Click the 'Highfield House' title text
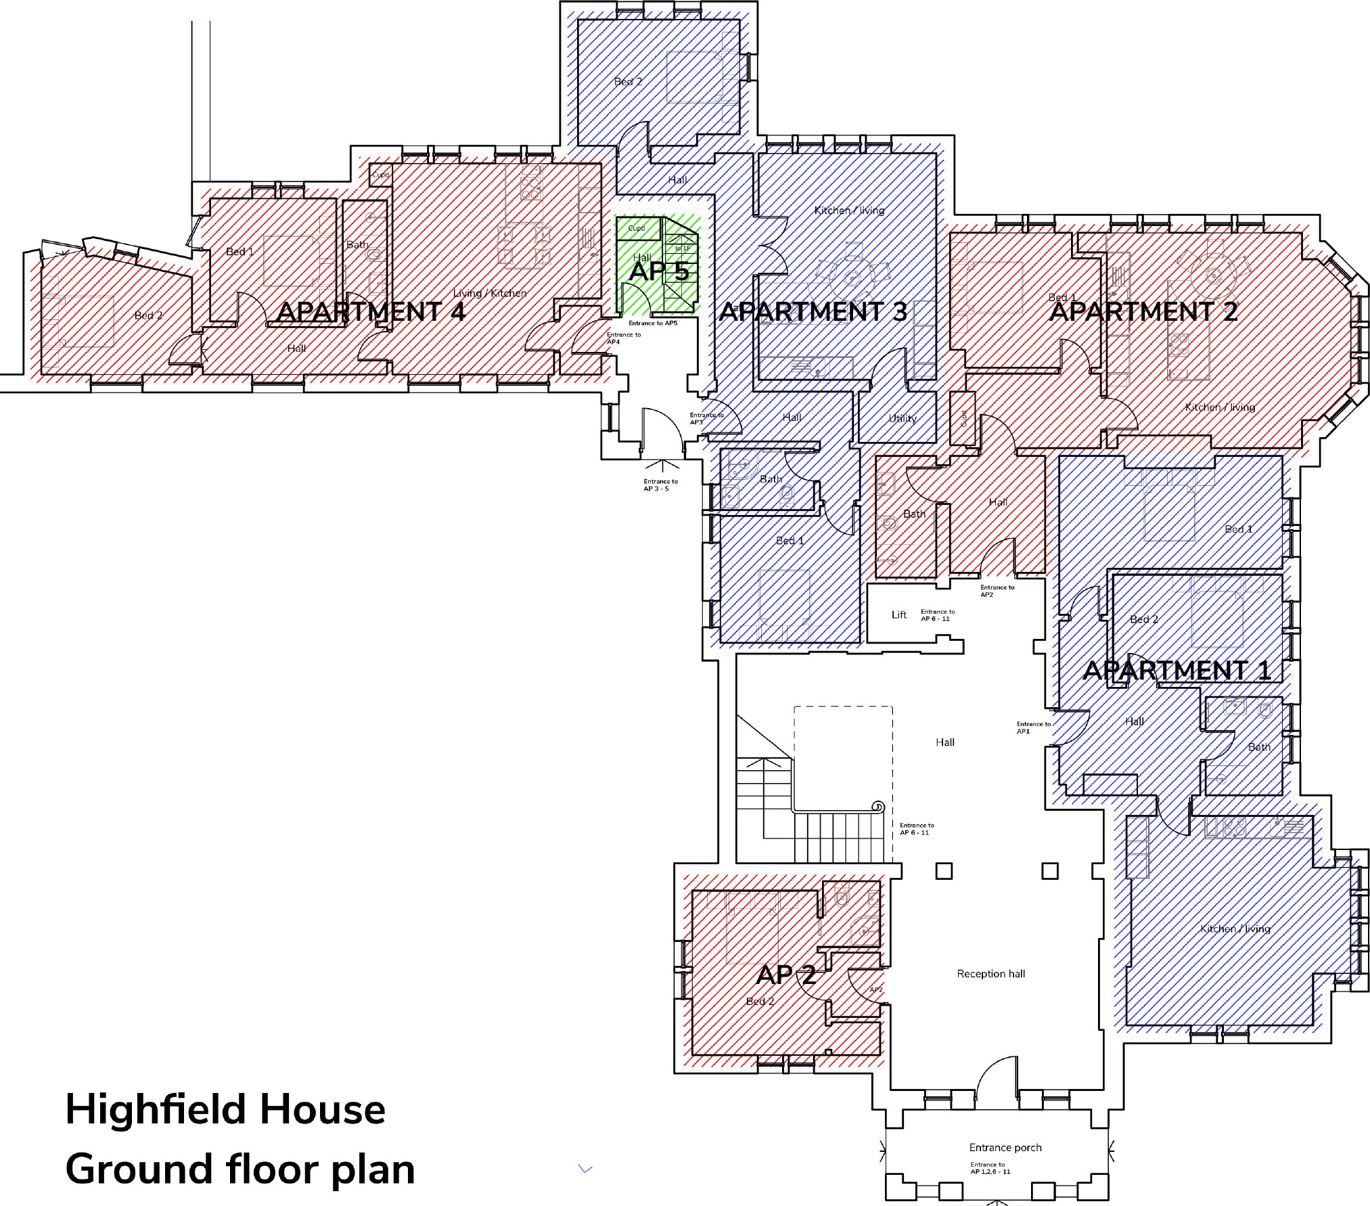(x=225, y=1110)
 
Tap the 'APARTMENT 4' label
(x=371, y=311)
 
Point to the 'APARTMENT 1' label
(x=1177, y=670)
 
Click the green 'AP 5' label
(x=658, y=271)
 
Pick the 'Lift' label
(x=898, y=615)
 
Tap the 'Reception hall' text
(x=990, y=973)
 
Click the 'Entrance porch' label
(x=1005, y=1147)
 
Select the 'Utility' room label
(x=902, y=418)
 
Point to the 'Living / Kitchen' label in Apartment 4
(x=489, y=293)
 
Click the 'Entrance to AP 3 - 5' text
(x=660, y=485)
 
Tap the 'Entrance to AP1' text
(x=1033, y=727)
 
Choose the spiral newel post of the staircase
(x=877, y=806)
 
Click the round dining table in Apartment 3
(x=851, y=276)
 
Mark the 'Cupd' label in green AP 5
(x=636, y=228)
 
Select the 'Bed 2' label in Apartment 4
(x=148, y=315)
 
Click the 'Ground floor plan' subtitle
(x=240, y=1169)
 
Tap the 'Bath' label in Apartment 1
(x=1258, y=747)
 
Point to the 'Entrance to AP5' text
(x=652, y=323)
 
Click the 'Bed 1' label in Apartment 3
(x=790, y=540)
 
